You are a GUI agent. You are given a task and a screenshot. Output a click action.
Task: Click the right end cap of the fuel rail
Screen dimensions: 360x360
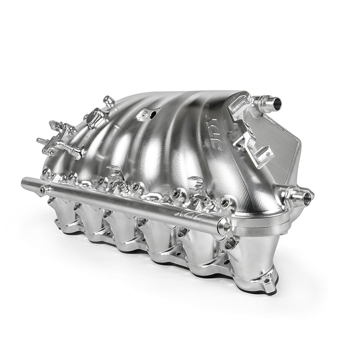pyautogui.click(x=223, y=227)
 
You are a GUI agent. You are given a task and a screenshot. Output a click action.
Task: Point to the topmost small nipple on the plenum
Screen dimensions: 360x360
pyautogui.click(x=106, y=100)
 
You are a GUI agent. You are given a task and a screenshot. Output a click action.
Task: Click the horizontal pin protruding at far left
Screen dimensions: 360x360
pyautogui.click(x=41, y=141)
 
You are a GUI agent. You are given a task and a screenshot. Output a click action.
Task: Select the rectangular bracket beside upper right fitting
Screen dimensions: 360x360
pyautogui.click(x=238, y=105)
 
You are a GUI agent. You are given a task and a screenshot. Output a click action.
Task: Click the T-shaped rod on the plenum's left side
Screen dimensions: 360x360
pyautogui.click(x=70, y=149)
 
